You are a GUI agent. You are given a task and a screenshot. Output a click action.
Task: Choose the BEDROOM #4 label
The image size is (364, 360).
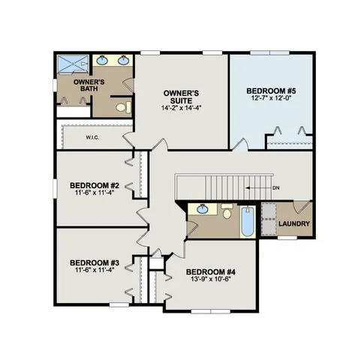[211, 271]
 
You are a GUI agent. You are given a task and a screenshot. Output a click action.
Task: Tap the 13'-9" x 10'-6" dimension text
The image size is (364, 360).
[211, 280]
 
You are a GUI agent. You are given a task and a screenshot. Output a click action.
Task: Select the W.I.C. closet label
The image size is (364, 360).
[94, 137]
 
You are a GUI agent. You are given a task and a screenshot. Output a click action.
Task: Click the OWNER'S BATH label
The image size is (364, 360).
[87, 85]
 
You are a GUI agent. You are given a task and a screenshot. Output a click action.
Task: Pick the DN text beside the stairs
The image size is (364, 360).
[276, 187]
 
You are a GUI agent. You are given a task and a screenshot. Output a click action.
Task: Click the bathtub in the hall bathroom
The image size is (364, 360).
[247, 223]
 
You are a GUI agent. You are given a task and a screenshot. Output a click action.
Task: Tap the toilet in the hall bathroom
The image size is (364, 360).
[227, 212]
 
